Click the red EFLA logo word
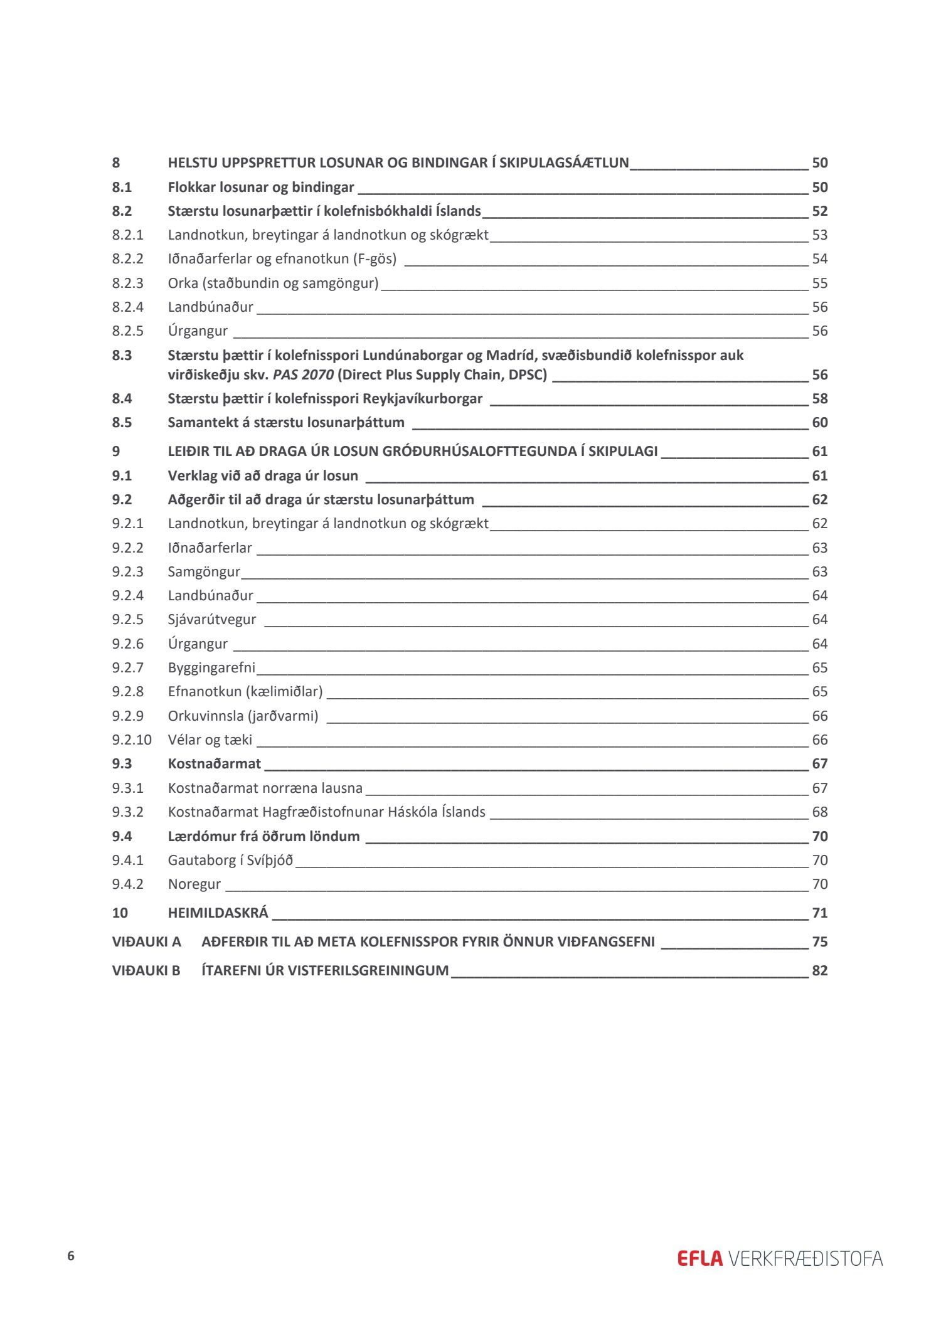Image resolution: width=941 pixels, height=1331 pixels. tap(699, 1259)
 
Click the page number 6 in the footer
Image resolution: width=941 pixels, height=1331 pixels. tap(71, 1256)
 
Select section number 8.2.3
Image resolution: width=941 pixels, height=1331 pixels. tap(128, 283)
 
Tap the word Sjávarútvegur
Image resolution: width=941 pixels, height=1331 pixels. tap(212, 620)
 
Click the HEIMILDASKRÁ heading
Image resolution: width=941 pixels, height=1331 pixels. tap(218, 913)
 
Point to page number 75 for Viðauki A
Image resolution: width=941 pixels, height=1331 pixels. tap(819, 941)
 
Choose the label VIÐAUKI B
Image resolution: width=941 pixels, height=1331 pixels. tap(146, 970)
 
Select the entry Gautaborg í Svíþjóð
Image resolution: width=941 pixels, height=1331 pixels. tap(230, 860)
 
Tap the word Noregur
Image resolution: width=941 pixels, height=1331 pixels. tap(194, 884)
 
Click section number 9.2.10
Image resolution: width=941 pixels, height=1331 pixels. tap(132, 740)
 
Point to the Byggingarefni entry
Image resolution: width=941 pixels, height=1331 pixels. tap(211, 668)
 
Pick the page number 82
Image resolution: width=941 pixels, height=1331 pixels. tap(819, 970)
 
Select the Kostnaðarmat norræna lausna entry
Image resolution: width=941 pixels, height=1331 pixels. tap(265, 788)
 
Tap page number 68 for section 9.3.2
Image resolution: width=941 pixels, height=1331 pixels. tap(819, 812)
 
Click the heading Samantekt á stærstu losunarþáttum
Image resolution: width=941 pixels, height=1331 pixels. tap(286, 423)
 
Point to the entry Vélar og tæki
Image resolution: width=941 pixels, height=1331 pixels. tap(210, 740)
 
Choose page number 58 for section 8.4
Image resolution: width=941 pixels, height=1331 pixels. tap(819, 399)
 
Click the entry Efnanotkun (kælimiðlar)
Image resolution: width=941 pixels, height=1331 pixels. tap(245, 692)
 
